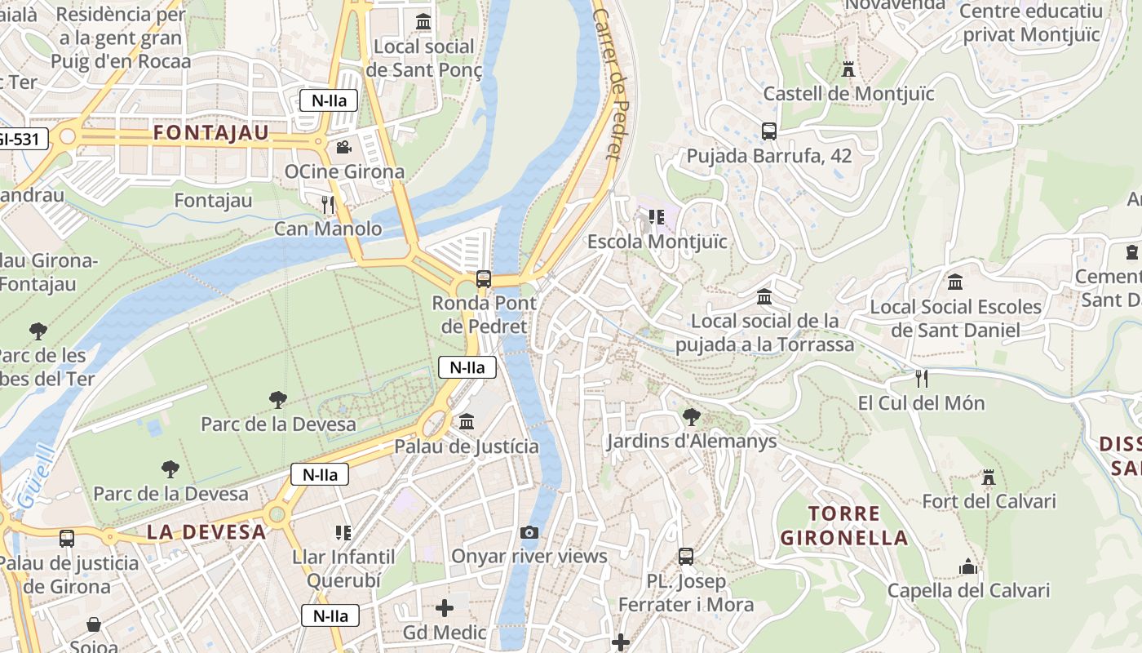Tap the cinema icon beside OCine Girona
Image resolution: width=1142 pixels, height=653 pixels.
pyautogui.click(x=343, y=148)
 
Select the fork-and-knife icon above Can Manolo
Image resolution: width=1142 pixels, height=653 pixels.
pyautogui.click(x=328, y=204)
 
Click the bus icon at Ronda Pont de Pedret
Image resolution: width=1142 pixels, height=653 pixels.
pyautogui.click(x=484, y=279)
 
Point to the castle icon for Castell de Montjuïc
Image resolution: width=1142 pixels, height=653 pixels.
pyautogui.click(x=848, y=69)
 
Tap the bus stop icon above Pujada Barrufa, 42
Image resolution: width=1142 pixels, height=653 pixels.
pyautogui.click(x=768, y=131)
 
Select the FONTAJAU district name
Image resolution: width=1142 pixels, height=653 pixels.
pyautogui.click(x=211, y=133)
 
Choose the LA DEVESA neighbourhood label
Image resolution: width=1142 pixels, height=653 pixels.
pyautogui.click(x=206, y=532)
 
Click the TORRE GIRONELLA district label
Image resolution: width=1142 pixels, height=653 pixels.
pyautogui.click(x=844, y=526)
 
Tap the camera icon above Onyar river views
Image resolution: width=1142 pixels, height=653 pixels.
pyautogui.click(x=529, y=533)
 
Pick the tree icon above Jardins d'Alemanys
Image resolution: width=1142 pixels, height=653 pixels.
pyautogui.click(x=691, y=417)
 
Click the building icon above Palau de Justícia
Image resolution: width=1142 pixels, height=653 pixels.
pyautogui.click(x=467, y=422)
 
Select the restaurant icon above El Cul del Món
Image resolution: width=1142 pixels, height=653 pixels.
pyautogui.click(x=921, y=379)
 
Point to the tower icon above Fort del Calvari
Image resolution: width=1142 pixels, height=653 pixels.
pyautogui.click(x=989, y=477)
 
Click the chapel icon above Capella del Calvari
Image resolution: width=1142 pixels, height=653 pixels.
pyautogui.click(x=967, y=566)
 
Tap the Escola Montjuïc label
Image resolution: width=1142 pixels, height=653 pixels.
pyautogui.click(x=657, y=242)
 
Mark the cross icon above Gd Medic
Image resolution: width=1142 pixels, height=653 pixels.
pyautogui.click(x=445, y=608)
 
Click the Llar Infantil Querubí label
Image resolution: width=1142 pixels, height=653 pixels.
pyautogui.click(x=343, y=569)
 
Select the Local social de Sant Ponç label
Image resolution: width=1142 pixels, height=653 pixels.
pyautogui.click(x=423, y=58)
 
